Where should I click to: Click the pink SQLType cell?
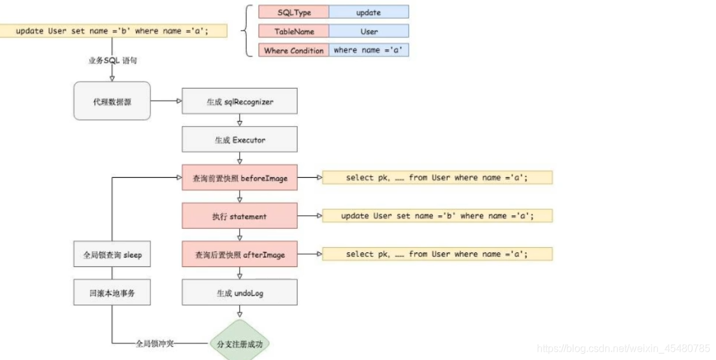[293, 12]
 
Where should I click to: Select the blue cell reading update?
[369, 12]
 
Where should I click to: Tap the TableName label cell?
[293, 31]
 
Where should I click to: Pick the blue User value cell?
[369, 31]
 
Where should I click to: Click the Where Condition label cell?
[293, 50]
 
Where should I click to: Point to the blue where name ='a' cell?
[369, 50]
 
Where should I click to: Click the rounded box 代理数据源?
[112, 101]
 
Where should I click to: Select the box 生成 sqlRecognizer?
[240, 101]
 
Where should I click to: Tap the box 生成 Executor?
[240, 140]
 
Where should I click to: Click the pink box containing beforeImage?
[240, 178]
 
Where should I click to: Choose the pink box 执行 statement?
[240, 216]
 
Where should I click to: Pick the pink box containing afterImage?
[240, 254]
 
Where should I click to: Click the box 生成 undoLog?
[240, 292]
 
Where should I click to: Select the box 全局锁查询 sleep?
[112, 254]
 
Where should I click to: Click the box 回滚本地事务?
[112, 292]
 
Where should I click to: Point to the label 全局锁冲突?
[155, 343]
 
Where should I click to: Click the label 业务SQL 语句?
[112, 61]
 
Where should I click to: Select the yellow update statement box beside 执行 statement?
[437, 216]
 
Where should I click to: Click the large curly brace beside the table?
[245, 31]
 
